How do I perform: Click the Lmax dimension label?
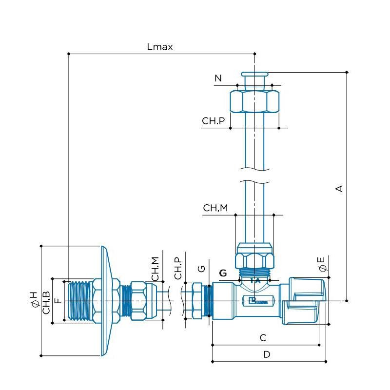point(160,47)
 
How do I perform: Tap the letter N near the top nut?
point(218,78)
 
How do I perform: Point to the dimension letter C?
point(263,337)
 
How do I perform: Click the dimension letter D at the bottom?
point(267,354)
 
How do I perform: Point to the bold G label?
point(223,273)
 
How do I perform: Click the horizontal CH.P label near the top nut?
point(214,121)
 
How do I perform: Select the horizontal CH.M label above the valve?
point(215,208)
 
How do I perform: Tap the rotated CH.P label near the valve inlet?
point(178,268)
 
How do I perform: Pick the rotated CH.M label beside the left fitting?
point(155,268)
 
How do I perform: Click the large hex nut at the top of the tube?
point(254,101)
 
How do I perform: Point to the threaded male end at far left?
point(78,301)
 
